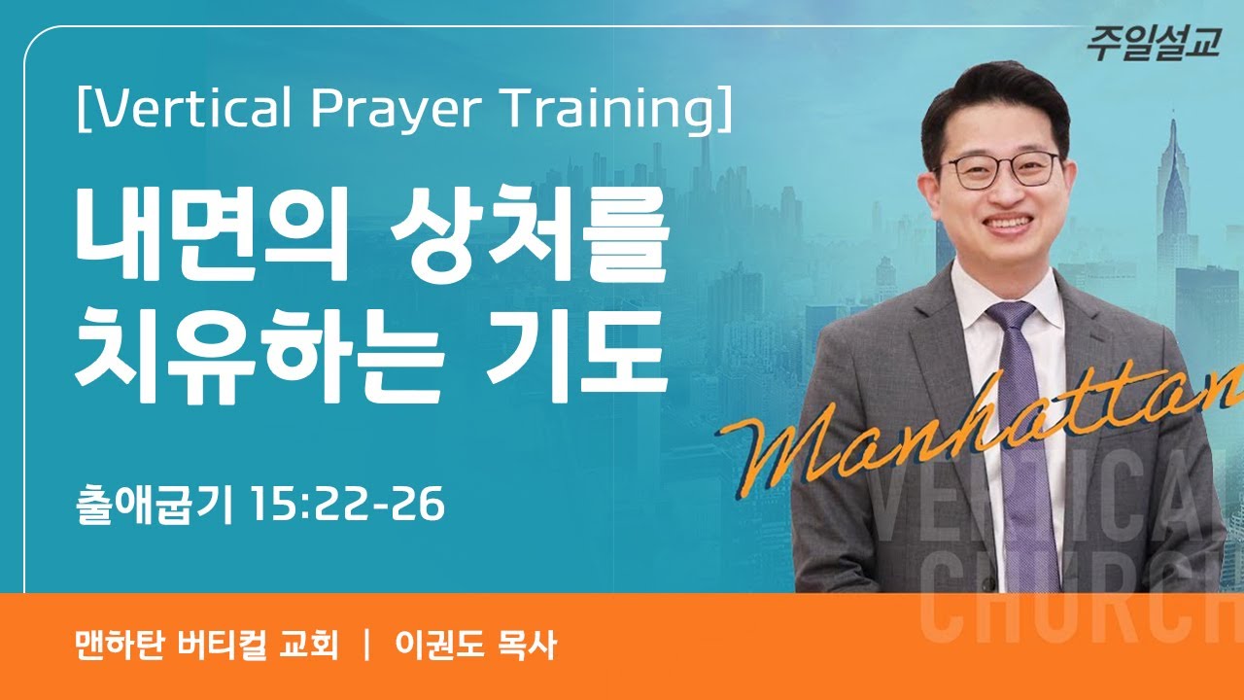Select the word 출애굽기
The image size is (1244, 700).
(155, 506)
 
